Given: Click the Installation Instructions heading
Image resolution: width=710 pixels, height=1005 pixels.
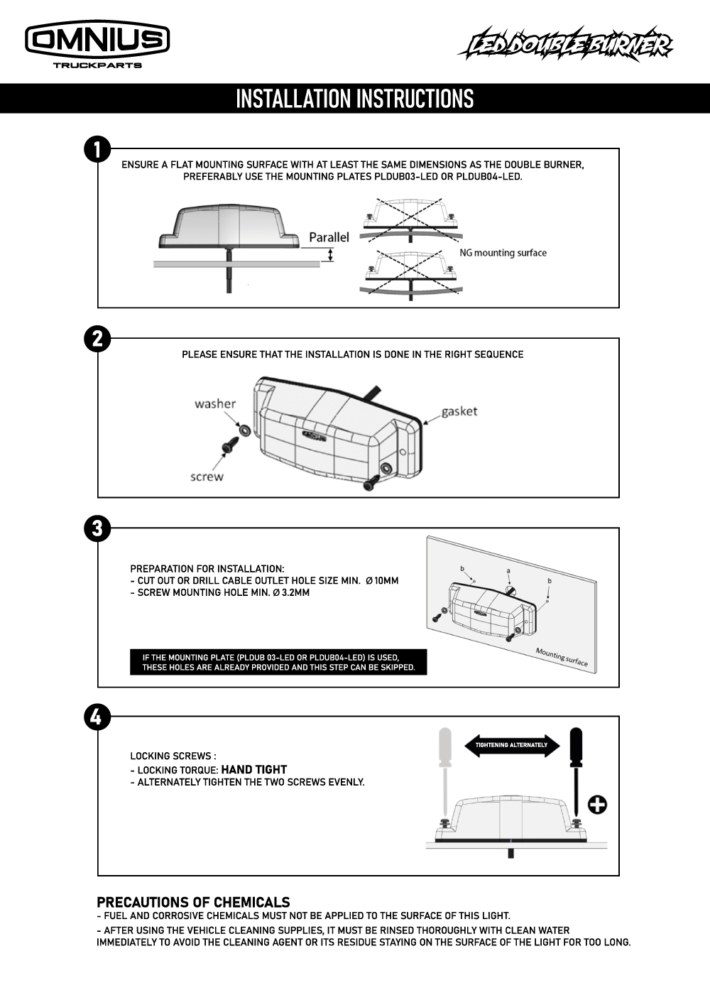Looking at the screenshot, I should tap(354, 99).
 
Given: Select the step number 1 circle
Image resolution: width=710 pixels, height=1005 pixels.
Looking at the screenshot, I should tap(97, 149).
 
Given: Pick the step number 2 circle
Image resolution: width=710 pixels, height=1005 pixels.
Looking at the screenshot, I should tap(97, 339).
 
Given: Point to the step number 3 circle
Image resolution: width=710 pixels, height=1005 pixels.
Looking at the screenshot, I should tap(97, 528).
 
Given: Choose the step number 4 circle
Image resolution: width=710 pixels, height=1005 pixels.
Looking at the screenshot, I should tap(97, 717).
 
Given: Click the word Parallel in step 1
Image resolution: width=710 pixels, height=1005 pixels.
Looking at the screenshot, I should tap(329, 237).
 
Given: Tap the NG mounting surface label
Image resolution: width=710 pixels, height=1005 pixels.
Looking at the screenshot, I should tap(503, 253).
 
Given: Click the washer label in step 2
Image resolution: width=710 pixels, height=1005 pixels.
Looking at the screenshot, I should tap(215, 404).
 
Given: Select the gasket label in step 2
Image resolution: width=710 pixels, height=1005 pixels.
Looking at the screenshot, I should tap(459, 411).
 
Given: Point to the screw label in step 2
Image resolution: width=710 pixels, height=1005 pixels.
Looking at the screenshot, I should tap(207, 477).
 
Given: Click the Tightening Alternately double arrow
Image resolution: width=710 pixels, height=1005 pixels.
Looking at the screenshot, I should tap(511, 745).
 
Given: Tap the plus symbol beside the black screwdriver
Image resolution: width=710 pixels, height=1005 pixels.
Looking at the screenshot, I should tap(597, 805).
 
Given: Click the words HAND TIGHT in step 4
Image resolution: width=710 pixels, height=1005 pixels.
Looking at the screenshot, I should tap(253, 770).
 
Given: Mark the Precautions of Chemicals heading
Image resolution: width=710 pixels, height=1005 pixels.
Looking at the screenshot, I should tap(193, 903).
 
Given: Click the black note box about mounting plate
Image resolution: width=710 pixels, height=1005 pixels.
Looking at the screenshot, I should tap(278, 662).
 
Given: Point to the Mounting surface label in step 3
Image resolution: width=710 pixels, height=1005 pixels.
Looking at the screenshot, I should tap(562, 658).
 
